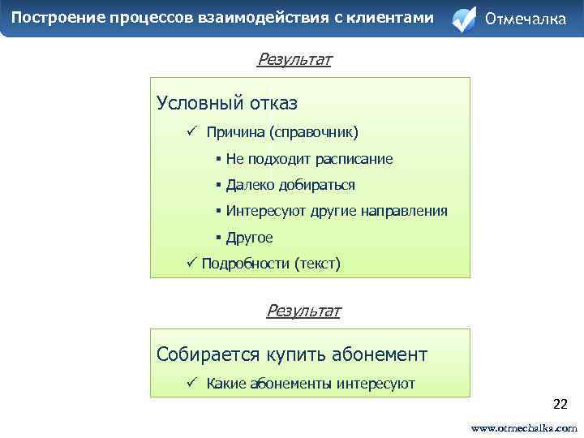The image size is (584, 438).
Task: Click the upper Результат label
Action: (294, 59)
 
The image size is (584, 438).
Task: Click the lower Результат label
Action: (303, 310)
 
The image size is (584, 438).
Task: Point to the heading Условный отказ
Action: (227, 103)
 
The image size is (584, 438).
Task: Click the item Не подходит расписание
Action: (309, 159)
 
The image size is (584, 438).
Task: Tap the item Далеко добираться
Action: (290, 185)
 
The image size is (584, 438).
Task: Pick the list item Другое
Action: (249, 238)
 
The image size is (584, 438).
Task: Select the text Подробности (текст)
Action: (271, 263)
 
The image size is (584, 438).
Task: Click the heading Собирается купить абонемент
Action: (292, 354)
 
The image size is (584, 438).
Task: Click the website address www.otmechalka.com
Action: (524, 427)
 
